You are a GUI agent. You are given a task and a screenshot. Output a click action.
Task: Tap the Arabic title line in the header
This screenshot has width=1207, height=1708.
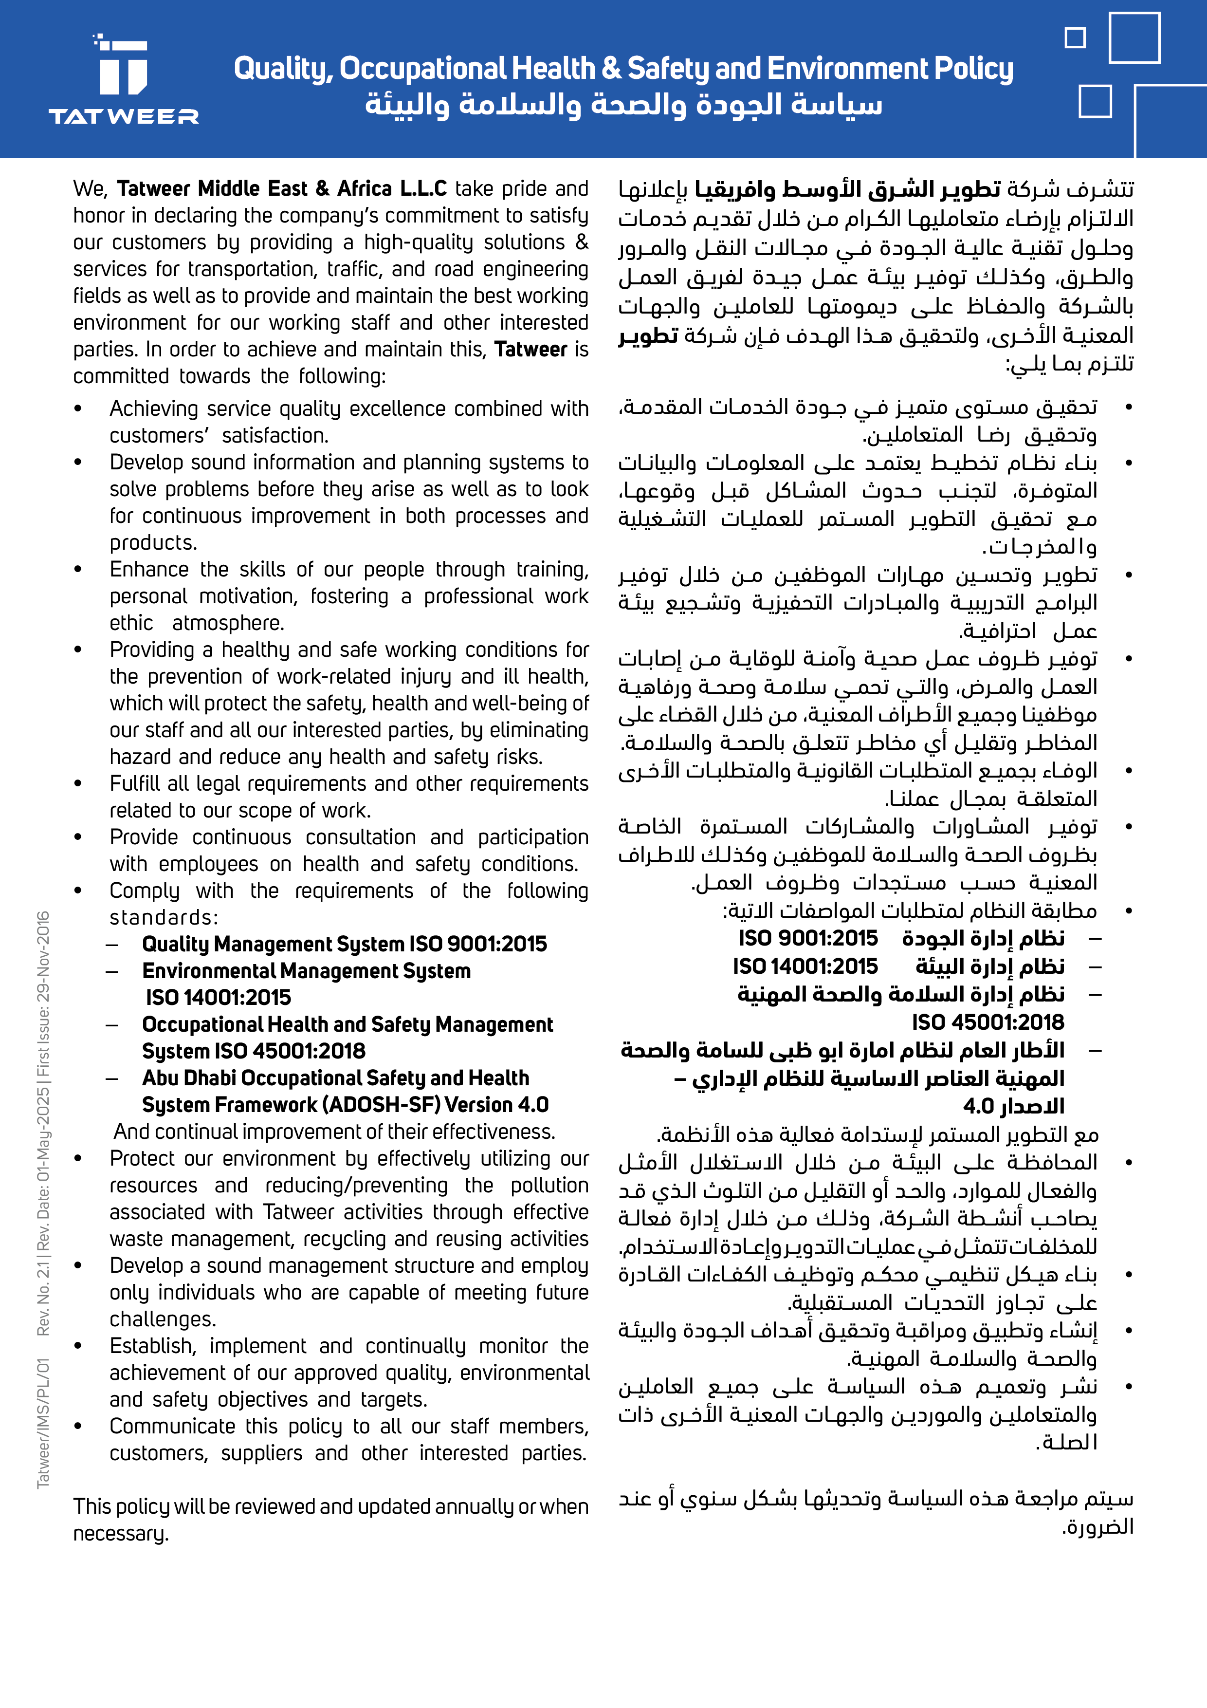tap(623, 105)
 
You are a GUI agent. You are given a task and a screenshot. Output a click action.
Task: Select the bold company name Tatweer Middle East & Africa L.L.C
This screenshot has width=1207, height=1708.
tap(282, 189)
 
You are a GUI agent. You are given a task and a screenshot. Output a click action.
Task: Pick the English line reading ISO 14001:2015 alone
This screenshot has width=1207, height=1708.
tap(219, 998)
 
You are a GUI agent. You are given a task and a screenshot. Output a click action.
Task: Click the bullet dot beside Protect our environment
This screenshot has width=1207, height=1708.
tap(78, 1159)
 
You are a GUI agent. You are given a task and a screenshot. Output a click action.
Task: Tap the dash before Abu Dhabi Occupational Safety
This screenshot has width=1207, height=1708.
tap(112, 1078)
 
